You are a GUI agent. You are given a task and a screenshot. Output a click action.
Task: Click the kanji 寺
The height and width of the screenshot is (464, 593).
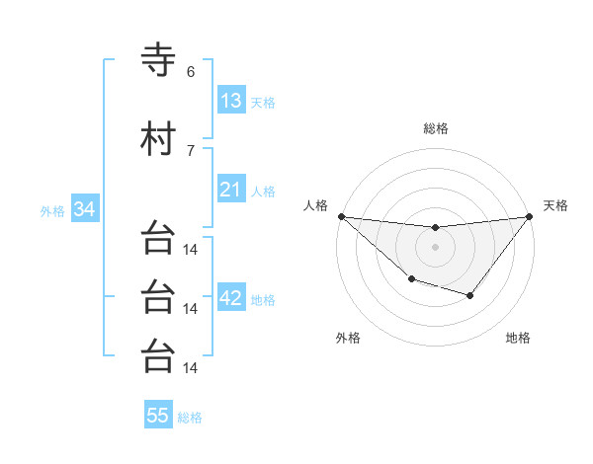(158, 59)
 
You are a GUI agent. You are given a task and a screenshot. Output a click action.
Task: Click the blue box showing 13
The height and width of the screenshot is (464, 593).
(230, 101)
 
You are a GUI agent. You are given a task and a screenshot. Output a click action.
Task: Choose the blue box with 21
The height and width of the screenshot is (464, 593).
(230, 190)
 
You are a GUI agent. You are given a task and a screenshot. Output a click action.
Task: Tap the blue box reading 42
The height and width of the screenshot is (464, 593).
(231, 298)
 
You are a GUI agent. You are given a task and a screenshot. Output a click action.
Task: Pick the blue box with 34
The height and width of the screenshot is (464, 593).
(84, 209)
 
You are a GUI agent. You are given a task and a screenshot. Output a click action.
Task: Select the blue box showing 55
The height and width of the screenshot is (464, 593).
(158, 416)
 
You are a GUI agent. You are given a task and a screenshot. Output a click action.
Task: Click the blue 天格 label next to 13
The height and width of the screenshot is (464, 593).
(263, 103)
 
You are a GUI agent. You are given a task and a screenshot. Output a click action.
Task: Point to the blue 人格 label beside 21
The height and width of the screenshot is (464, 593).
(263, 192)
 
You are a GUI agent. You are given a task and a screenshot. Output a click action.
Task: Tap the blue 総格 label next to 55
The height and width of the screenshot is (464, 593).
(190, 418)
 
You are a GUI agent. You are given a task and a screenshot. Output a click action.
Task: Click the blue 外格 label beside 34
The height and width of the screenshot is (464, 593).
(52, 211)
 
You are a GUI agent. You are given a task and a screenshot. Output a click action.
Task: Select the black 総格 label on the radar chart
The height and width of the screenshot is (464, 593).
(435, 128)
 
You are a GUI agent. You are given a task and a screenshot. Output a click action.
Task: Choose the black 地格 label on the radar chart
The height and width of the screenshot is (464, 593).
(518, 338)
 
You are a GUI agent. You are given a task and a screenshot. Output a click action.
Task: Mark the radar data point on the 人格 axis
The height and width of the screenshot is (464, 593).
(341, 216)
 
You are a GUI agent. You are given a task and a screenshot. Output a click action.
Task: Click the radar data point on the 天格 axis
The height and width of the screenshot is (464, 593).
(529, 216)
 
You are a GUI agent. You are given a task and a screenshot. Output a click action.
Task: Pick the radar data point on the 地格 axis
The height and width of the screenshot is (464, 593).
(470, 295)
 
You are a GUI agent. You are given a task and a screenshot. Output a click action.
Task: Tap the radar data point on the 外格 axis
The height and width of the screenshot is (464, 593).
(411, 279)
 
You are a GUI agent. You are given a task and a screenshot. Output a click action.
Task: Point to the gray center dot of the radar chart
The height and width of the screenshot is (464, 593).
(435, 247)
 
